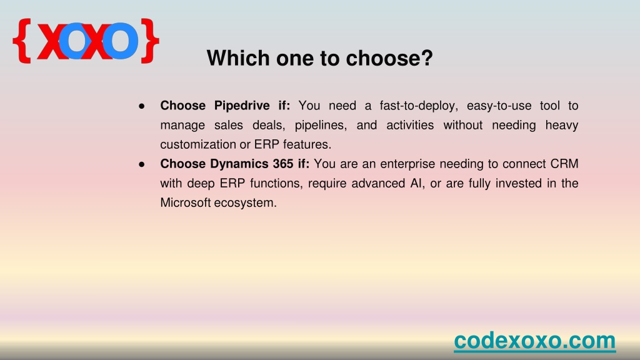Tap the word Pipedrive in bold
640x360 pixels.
pyautogui.click(x=242, y=106)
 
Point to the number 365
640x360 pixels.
pyautogui.click(x=283, y=164)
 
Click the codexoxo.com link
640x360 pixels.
pyautogui.click(x=535, y=341)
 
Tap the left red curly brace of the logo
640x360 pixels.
pyautogui.click(x=22, y=41)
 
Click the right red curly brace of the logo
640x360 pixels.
pyautogui.click(x=149, y=41)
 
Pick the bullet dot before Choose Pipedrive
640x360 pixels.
pyautogui.click(x=142, y=106)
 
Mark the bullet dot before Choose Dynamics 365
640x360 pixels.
pyautogui.click(x=142, y=164)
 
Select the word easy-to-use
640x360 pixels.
pyautogui.click(x=499, y=106)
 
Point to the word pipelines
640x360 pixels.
pyautogui.click(x=321, y=125)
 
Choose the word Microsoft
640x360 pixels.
pyautogui.click(x=185, y=202)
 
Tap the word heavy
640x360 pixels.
pyautogui.click(x=562, y=125)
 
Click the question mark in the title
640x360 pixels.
pyautogui.click(x=427, y=58)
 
